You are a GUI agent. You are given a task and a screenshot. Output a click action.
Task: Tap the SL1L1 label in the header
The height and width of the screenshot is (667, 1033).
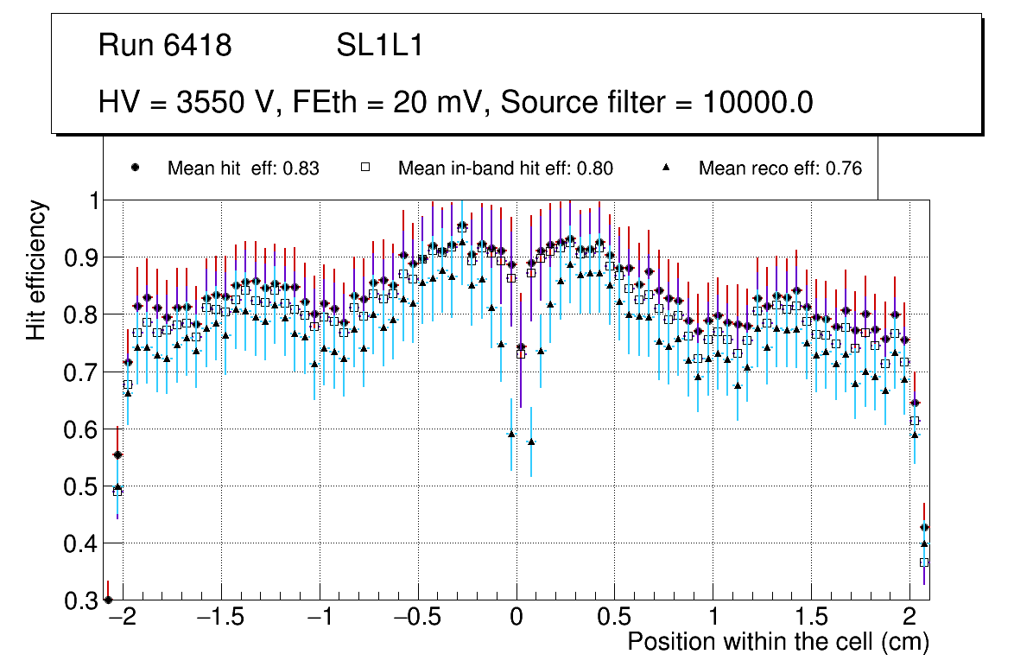pyautogui.click(x=379, y=46)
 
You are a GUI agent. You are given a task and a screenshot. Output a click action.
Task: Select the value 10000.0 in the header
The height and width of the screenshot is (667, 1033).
pyautogui.click(x=757, y=102)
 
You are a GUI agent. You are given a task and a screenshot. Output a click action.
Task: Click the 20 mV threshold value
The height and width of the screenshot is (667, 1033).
pyautogui.click(x=429, y=102)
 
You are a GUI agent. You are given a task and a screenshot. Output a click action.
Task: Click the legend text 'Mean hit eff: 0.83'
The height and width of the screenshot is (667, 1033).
pyautogui.click(x=243, y=168)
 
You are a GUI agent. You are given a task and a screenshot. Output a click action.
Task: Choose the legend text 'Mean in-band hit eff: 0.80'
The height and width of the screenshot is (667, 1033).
pyautogui.click(x=505, y=168)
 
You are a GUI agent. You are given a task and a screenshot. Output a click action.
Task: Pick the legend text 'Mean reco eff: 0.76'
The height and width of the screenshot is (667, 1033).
pyautogui.click(x=780, y=168)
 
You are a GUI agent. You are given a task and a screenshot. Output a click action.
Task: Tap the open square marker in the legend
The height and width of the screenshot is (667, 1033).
pyautogui.click(x=365, y=168)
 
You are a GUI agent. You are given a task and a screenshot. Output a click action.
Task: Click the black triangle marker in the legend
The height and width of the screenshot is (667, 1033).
pyautogui.click(x=667, y=168)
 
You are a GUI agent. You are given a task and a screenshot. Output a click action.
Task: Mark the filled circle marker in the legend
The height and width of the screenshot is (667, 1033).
pyautogui.click(x=135, y=168)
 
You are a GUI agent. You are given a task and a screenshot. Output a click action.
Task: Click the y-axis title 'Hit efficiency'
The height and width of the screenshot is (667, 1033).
pyautogui.click(x=37, y=270)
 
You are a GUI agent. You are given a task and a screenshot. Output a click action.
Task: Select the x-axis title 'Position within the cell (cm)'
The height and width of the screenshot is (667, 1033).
pyautogui.click(x=777, y=642)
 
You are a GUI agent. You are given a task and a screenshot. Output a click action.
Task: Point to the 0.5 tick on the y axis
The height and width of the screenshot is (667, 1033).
pyautogui.click(x=80, y=486)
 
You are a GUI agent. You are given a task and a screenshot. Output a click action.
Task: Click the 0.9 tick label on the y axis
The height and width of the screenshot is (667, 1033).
pyautogui.click(x=80, y=257)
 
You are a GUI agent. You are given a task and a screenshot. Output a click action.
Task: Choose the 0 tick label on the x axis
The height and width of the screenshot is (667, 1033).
pyautogui.click(x=516, y=618)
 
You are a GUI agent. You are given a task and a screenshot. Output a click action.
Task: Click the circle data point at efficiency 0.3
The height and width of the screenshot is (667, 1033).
pyautogui.click(x=108, y=600)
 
